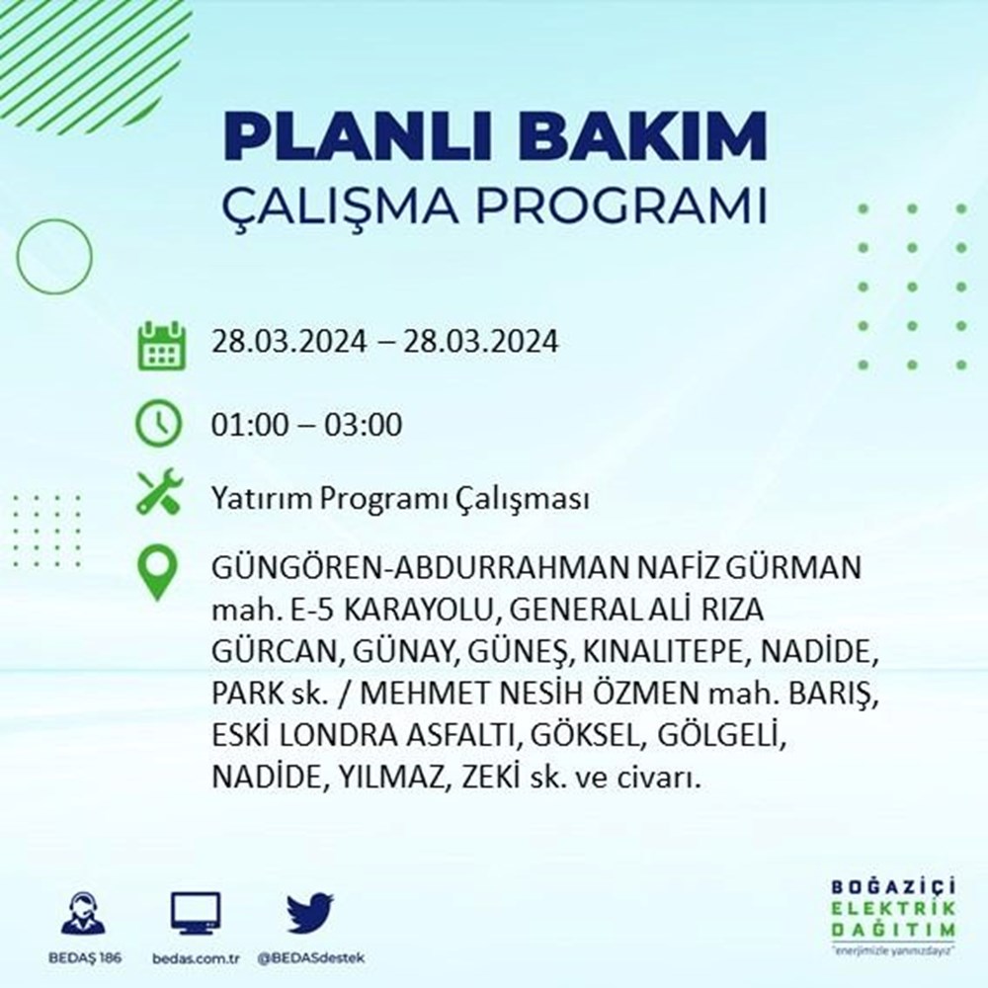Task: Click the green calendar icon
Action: click(158, 344)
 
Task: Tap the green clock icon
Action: click(158, 425)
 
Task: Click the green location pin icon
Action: click(158, 574)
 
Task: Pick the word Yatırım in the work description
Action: click(252, 500)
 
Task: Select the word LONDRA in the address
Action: click(335, 736)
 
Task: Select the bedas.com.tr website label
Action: click(196, 959)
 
